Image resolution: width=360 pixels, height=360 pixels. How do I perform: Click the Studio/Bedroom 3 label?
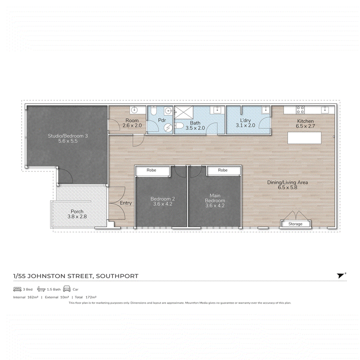click(x=68, y=136)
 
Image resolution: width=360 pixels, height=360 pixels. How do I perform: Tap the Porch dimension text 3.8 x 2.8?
click(x=77, y=216)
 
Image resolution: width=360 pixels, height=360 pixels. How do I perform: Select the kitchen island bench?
click(x=305, y=138)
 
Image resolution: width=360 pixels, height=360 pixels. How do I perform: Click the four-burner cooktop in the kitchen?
click(x=300, y=109)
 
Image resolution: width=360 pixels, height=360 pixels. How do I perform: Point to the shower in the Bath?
click(x=184, y=112)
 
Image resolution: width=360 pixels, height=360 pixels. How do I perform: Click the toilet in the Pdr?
click(x=153, y=111)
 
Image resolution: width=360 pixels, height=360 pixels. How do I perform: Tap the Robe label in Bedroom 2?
click(x=151, y=170)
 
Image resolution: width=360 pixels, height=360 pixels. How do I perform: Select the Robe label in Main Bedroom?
click(x=223, y=170)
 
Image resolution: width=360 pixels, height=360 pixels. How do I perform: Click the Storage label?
click(x=295, y=224)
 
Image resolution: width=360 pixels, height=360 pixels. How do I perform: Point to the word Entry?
click(x=126, y=203)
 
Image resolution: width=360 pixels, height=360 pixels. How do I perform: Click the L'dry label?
click(x=245, y=120)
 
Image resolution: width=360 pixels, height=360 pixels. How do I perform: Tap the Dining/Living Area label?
click(x=288, y=182)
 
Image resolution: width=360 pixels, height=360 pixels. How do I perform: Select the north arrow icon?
click(x=341, y=275)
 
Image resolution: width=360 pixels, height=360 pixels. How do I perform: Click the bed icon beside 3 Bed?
click(x=17, y=289)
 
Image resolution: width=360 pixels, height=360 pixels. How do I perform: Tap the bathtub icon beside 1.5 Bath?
click(x=41, y=289)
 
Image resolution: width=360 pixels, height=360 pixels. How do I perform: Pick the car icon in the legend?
click(x=67, y=289)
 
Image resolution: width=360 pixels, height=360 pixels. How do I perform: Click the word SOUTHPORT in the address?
click(x=117, y=276)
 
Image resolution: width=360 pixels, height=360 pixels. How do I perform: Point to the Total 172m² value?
click(x=85, y=297)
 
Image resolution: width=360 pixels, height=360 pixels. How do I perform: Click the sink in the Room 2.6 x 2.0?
click(x=134, y=110)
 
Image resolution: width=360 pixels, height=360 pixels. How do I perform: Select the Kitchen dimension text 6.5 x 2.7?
click(x=306, y=126)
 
